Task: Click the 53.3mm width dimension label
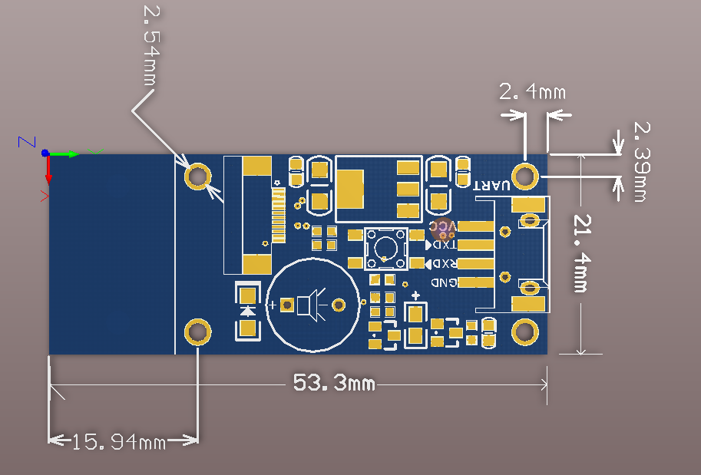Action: [x=334, y=381]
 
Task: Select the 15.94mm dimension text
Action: [x=119, y=441]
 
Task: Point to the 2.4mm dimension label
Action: [x=532, y=93]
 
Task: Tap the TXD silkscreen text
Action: [x=445, y=245]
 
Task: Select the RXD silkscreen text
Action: [x=444, y=263]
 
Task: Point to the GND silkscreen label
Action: [x=444, y=282]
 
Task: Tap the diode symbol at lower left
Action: [x=247, y=311]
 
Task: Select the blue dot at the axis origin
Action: [x=46, y=153]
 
